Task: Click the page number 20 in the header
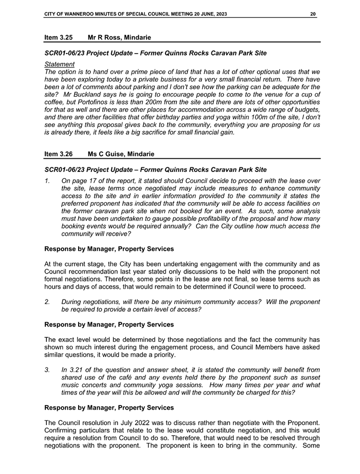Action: (313, 14)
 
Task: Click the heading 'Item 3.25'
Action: (58, 37)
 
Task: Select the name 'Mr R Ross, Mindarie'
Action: (119, 37)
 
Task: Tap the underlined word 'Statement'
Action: (59, 64)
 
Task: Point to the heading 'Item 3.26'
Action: (58, 154)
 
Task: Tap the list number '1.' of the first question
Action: (47, 181)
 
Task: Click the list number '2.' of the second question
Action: (47, 302)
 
